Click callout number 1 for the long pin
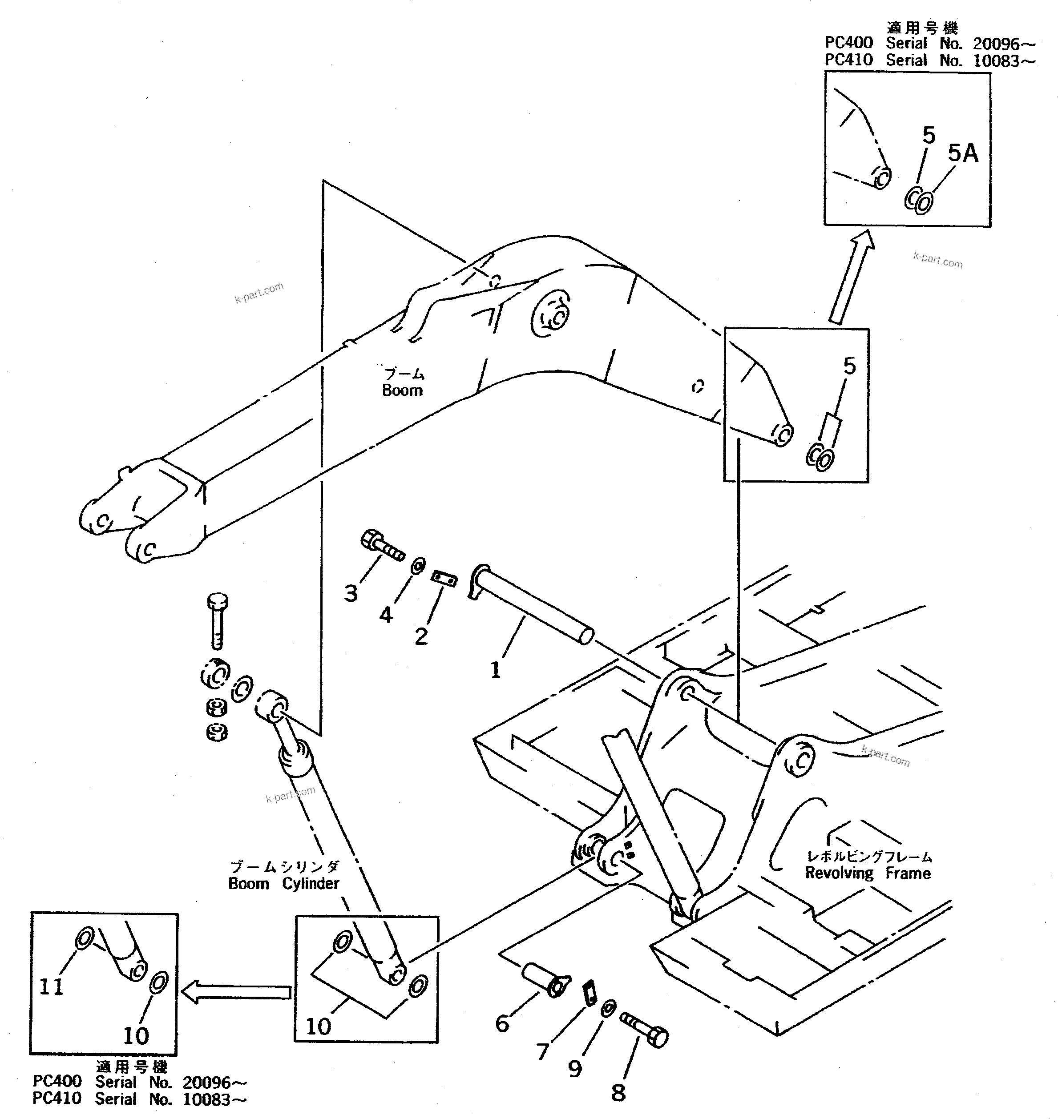click(495, 670)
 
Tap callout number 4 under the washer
click(386, 615)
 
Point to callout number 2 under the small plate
click(421, 636)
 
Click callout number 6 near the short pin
click(502, 1023)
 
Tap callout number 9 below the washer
click(575, 1068)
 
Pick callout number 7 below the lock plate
click(542, 1051)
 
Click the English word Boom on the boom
click(402, 390)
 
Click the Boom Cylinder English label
click(284, 883)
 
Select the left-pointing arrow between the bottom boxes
click(236, 992)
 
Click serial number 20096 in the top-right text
click(996, 44)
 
